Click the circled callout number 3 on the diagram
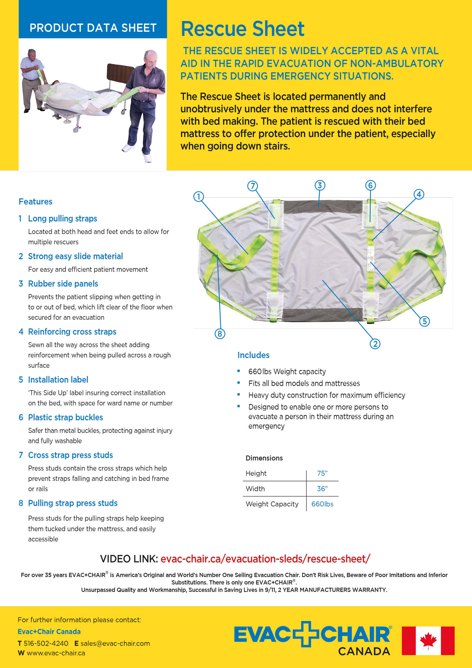[x=320, y=185]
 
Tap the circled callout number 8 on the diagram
[x=220, y=334]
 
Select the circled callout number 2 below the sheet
[x=375, y=344]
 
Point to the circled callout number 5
[x=424, y=321]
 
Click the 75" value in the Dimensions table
[x=322, y=473]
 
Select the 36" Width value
[x=322, y=489]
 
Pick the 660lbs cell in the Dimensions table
[x=322, y=504]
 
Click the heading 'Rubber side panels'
[x=63, y=284]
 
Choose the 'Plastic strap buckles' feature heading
[x=65, y=417]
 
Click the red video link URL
[x=265, y=559]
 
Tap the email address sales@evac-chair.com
[x=115, y=643]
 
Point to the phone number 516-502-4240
[x=46, y=643]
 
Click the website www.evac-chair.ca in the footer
[x=56, y=653]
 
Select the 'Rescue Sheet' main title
[x=242, y=29]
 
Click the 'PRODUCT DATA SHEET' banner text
[x=93, y=28]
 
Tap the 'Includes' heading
[x=253, y=355]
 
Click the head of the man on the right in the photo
[x=151, y=58]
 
